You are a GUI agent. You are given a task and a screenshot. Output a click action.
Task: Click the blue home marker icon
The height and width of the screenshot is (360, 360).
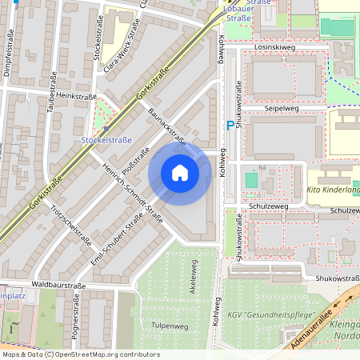[180, 172]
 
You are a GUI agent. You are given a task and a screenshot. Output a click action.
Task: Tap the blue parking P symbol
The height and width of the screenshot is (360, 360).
[230, 125]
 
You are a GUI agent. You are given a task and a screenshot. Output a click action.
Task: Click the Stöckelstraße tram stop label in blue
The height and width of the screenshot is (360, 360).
[107, 140]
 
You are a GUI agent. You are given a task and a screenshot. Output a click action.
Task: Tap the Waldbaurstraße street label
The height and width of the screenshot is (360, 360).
[59, 283]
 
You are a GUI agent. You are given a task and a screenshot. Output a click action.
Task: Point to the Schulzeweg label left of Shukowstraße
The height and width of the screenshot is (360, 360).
[268, 206]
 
